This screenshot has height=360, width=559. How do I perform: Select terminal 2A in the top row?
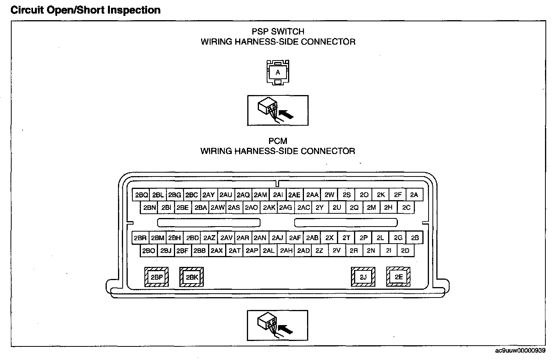414,195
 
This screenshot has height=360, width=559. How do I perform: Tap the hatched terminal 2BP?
156,277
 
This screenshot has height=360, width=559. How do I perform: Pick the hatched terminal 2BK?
192,277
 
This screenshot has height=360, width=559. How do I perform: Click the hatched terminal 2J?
363,277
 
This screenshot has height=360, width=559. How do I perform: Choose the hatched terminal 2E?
398,277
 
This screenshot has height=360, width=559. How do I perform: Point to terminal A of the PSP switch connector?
278,72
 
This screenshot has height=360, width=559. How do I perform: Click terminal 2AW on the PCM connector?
217,208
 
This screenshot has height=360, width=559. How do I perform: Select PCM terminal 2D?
405,251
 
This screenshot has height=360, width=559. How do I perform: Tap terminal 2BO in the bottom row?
148,251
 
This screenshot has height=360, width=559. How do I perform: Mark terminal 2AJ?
278,238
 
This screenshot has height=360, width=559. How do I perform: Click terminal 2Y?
319,208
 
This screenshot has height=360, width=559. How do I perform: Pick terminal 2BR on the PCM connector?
140,238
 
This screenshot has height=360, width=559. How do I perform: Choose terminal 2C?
406,208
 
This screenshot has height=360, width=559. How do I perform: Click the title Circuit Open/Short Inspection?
85,10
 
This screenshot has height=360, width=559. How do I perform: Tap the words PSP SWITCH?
278,31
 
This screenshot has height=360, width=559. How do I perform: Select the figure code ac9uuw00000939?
520,351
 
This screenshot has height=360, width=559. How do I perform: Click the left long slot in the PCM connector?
208,223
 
